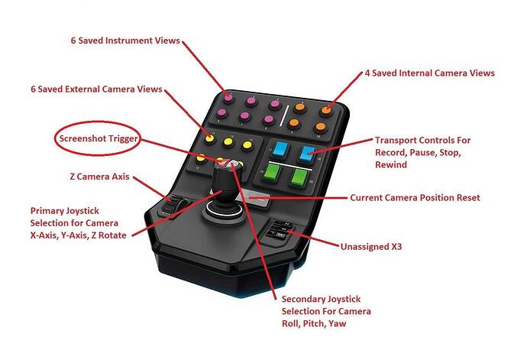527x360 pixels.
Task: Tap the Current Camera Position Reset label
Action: [x=415, y=197]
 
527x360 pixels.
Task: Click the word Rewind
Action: [x=393, y=165]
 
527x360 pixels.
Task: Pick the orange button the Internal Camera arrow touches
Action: [x=326, y=109]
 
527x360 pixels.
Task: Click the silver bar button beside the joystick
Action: [x=257, y=199]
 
